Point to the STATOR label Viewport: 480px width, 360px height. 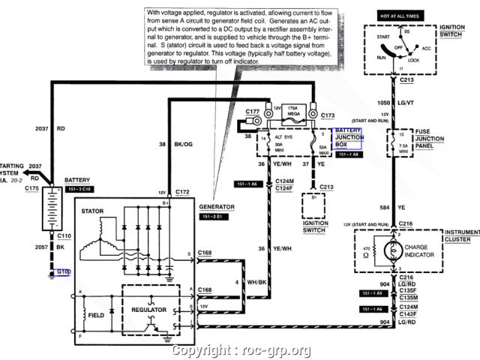(x=96, y=212)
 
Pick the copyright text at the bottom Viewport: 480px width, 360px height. (x=241, y=350)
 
